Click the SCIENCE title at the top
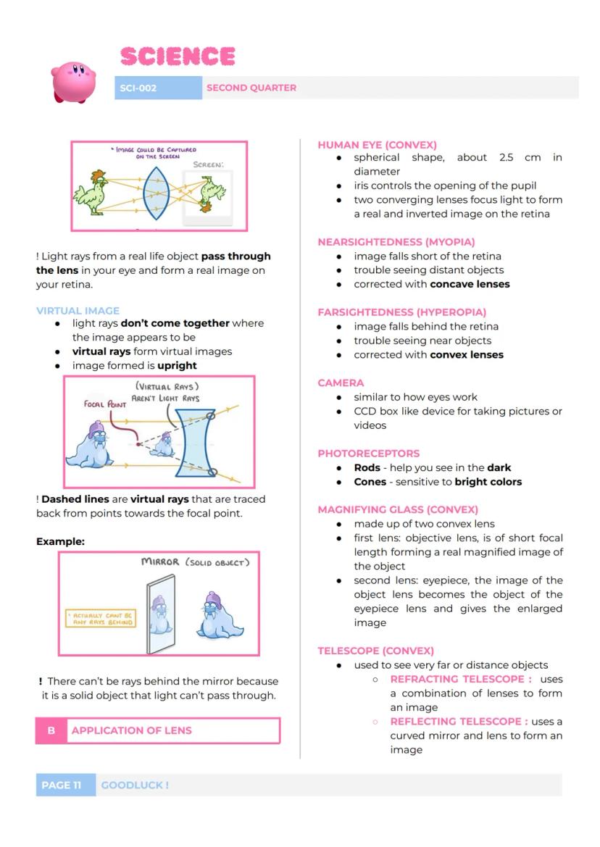178,57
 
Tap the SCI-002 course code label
138,88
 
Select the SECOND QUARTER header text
251,88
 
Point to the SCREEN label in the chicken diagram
208,164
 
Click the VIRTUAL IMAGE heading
78,310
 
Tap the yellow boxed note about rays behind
101,617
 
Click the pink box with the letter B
51,730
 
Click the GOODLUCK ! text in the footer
135,785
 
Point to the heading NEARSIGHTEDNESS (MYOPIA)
396,242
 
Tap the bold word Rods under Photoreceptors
367,467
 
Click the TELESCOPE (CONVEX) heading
376,651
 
